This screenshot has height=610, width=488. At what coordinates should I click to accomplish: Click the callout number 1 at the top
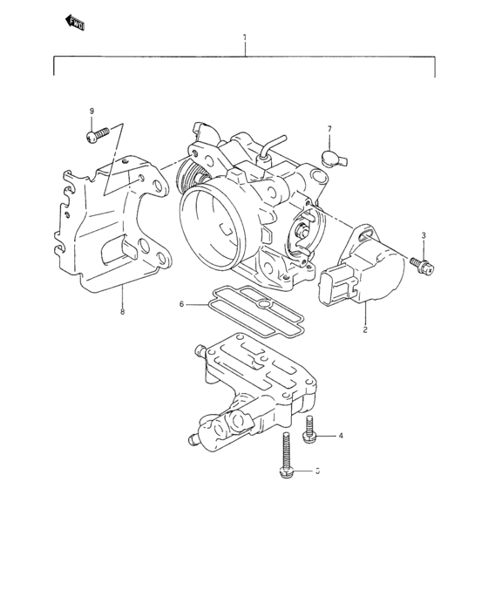[245, 38]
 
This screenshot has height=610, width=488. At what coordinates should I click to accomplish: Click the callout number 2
[365, 330]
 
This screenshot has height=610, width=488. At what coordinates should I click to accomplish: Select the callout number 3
[424, 236]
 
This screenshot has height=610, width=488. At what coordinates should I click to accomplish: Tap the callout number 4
[341, 436]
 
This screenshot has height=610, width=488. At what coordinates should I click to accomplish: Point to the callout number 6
[182, 304]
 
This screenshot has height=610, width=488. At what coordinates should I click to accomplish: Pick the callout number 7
[329, 129]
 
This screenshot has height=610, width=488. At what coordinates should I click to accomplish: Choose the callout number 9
[91, 112]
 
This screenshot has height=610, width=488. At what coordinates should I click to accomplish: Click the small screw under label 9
[95, 135]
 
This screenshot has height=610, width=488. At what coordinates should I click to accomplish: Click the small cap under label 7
[329, 158]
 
